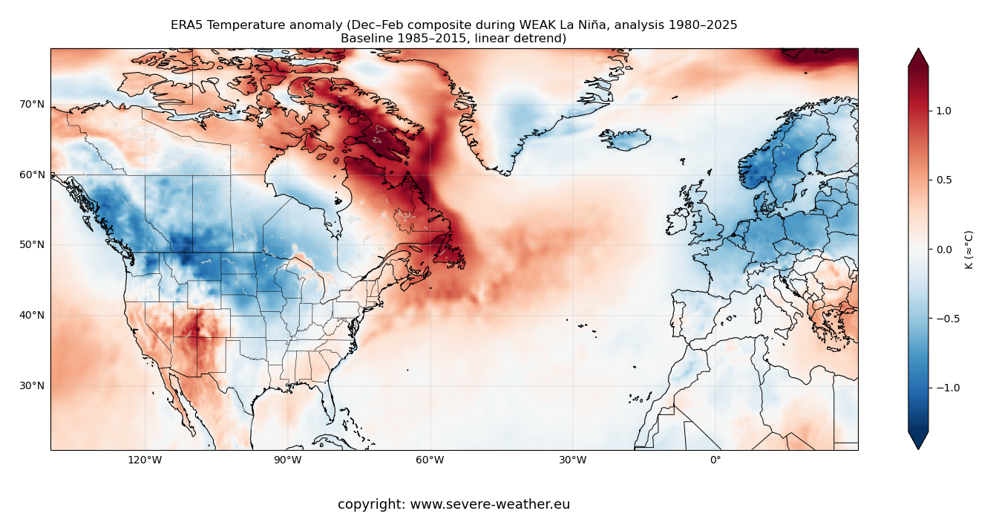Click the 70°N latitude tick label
point(31,105)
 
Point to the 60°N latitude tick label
point(31,175)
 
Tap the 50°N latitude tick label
point(31,245)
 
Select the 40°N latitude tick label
point(31,316)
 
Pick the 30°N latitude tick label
point(31,386)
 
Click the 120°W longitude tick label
point(145,460)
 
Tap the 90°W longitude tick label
point(287,460)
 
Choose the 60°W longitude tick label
point(430,460)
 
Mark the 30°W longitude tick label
point(572,460)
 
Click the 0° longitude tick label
point(715,460)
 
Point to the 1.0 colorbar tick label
point(943,111)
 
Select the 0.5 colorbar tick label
point(943,180)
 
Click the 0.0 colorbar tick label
point(943,250)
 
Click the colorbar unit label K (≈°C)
point(969,250)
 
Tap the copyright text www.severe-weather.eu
point(490,505)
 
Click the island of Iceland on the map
point(626,139)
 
